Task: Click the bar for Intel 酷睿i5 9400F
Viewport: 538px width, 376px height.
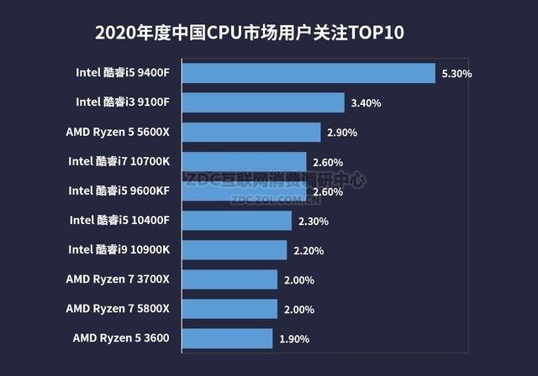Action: tap(308, 73)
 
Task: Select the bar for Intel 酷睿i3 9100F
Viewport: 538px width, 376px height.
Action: tap(263, 102)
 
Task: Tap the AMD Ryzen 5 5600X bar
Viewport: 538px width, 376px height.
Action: tap(251, 132)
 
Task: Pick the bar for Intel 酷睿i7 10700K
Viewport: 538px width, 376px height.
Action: tap(244, 161)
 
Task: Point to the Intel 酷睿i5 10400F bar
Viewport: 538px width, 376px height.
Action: tap(236, 221)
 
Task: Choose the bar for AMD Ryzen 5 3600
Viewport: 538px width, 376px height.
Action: tap(227, 339)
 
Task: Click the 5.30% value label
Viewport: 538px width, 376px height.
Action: tap(456, 74)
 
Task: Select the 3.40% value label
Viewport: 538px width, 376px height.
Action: tap(366, 103)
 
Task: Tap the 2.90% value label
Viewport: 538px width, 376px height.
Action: tap(342, 133)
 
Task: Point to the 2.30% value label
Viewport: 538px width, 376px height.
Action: tap(313, 222)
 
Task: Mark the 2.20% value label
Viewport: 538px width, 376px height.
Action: tap(309, 251)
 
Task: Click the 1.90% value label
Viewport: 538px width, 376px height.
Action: tap(293, 340)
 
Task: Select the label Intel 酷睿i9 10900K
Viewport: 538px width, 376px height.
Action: tap(119, 249)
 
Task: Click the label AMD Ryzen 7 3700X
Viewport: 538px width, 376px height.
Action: tap(118, 279)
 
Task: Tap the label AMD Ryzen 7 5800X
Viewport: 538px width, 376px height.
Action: tap(118, 308)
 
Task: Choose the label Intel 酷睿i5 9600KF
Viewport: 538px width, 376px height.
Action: tap(119, 191)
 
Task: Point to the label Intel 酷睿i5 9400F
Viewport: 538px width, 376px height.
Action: tap(123, 72)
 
